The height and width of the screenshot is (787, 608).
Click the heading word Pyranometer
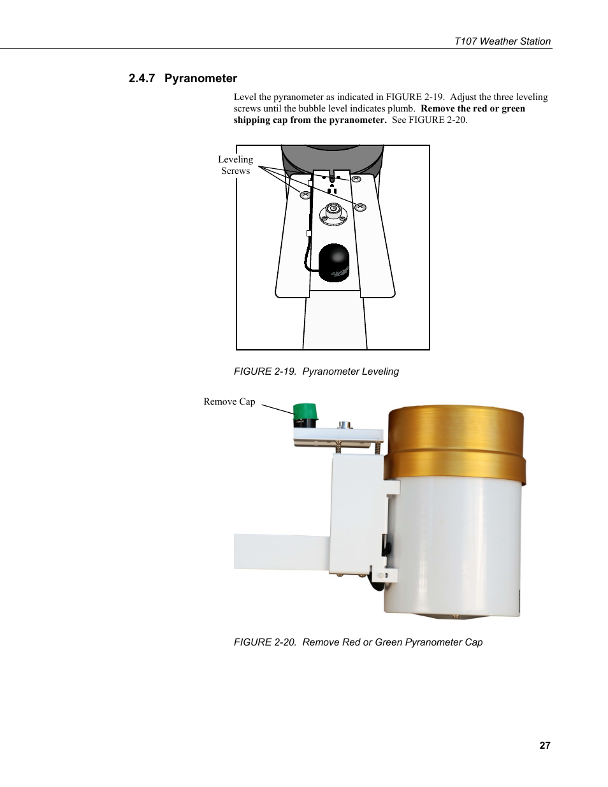[x=201, y=78]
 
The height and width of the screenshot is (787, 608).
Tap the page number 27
[x=544, y=746]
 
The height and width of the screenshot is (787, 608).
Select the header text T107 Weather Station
[x=502, y=41]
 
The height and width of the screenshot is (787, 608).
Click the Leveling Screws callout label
[x=235, y=165]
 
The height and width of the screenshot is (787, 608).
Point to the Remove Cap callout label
[x=229, y=401]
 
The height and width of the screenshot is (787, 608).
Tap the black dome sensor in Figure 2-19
[x=334, y=262]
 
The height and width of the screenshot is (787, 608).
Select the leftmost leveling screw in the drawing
[x=305, y=195]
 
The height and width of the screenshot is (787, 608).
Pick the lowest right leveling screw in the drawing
[x=360, y=206]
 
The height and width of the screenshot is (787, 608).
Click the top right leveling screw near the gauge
[x=356, y=180]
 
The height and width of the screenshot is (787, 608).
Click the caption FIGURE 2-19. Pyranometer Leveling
[x=316, y=372]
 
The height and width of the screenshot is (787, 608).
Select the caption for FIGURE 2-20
[x=358, y=642]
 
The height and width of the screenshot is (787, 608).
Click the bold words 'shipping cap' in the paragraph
[x=261, y=120]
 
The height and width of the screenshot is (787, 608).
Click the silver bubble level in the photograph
[x=345, y=423]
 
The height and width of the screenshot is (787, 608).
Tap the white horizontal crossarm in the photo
[x=280, y=551]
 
